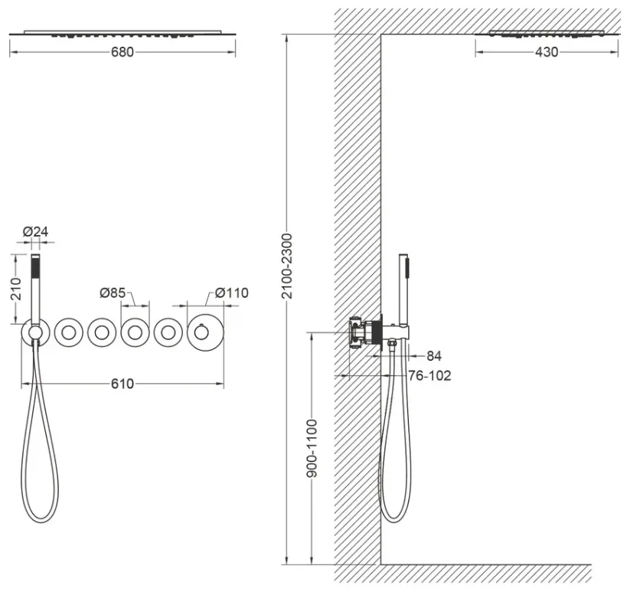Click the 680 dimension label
point(122,52)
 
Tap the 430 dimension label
point(546,52)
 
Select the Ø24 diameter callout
point(35,231)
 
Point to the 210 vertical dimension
point(16,289)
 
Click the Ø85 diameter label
point(113,293)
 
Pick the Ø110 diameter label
point(231,293)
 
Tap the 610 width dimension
point(122,384)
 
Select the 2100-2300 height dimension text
point(287,266)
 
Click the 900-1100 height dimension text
point(312,448)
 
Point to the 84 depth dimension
point(434,355)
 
